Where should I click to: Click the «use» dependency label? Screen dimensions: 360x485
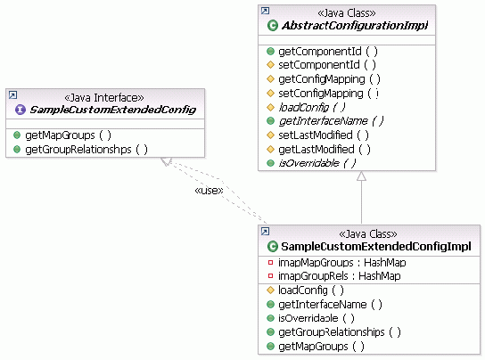(208, 190)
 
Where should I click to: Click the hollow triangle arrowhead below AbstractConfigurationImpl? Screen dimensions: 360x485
(361, 178)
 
